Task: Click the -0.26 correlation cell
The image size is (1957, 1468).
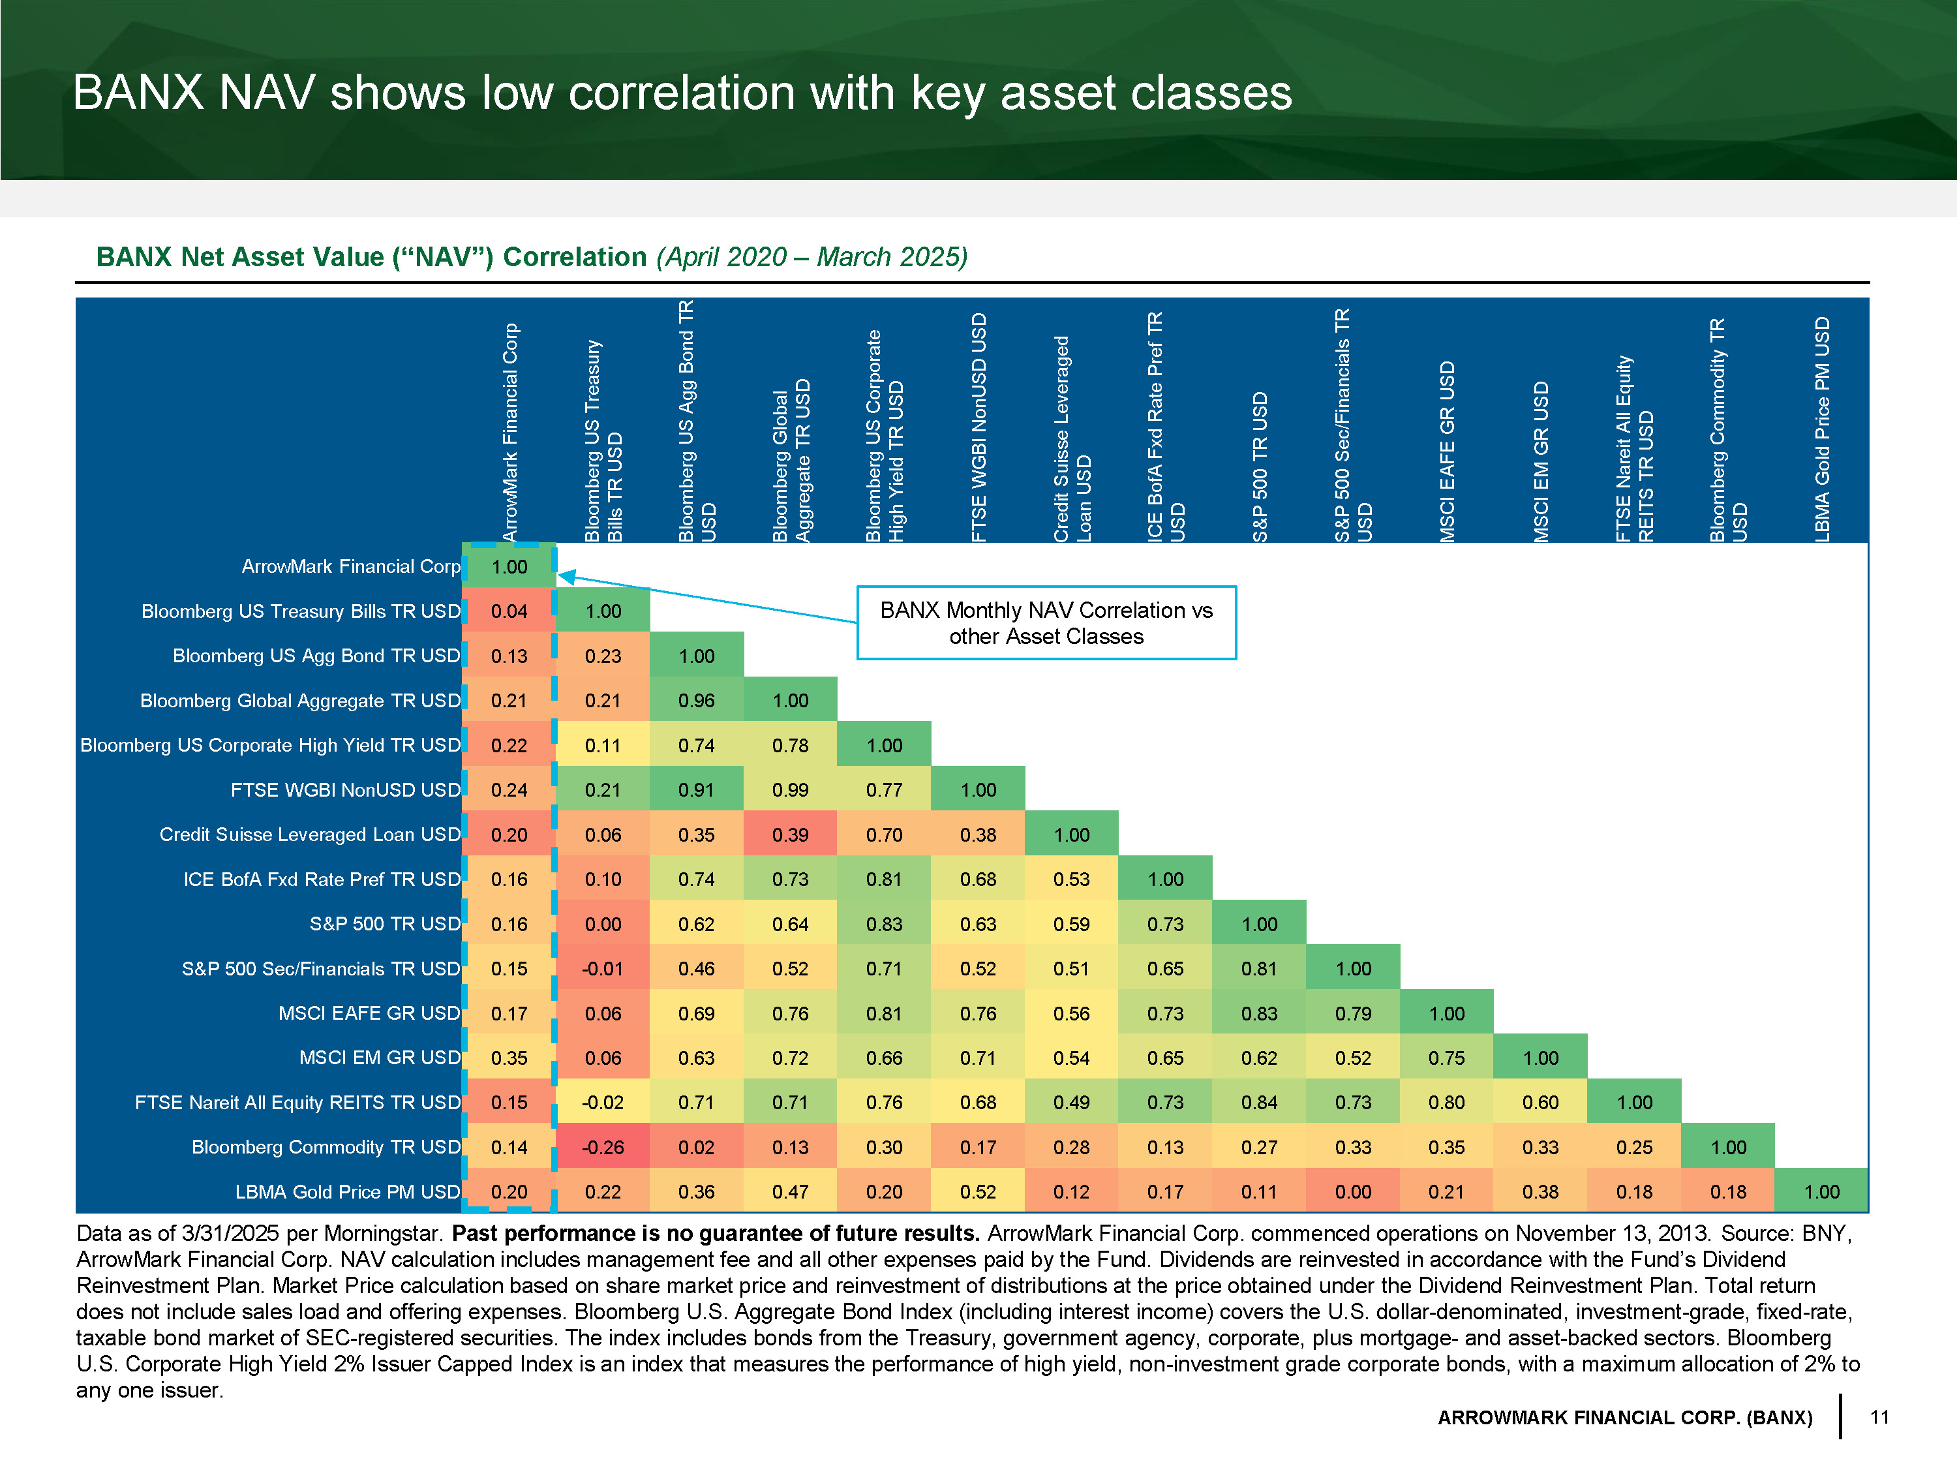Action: pos(603,1147)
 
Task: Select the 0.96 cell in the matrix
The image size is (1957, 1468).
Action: pos(696,700)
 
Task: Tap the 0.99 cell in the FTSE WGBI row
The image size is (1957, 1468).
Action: pos(790,789)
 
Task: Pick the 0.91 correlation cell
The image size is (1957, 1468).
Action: pos(696,789)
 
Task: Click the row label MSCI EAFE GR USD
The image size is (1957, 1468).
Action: pos(369,1013)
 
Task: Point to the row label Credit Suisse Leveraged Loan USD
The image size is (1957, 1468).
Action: pos(310,834)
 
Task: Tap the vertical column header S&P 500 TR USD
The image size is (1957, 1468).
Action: pos(1260,466)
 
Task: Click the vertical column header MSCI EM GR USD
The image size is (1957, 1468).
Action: pos(1541,461)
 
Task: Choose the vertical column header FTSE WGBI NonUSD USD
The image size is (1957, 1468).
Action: pos(978,427)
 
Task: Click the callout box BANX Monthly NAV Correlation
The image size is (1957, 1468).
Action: pos(1046,623)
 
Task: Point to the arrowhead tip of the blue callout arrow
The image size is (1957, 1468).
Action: pos(561,576)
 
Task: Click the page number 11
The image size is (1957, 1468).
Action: pos(1879,1416)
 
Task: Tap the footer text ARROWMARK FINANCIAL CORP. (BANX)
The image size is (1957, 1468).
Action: pos(1624,1418)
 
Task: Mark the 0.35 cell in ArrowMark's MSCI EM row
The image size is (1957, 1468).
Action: pos(509,1058)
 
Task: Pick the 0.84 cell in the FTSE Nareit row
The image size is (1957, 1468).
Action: pos(1259,1103)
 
